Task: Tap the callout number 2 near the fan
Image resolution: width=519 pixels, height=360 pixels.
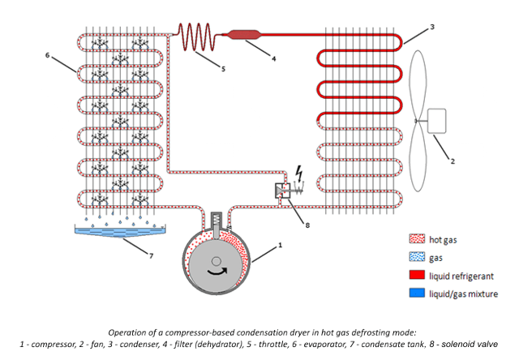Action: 453,161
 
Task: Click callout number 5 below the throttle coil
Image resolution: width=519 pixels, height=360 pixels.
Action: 222,68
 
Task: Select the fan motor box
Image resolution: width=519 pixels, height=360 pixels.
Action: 440,121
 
